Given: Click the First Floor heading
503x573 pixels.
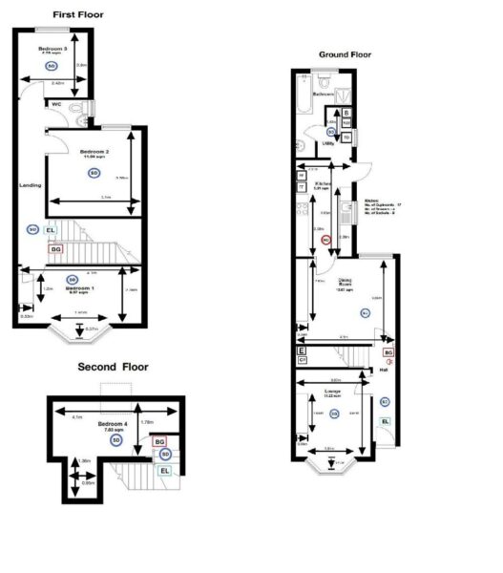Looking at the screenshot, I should click(x=78, y=15).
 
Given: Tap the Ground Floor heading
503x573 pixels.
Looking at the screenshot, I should click(x=345, y=55).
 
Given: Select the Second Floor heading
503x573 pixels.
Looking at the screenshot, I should click(x=114, y=366).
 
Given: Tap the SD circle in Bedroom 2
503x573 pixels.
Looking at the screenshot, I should click(x=94, y=173).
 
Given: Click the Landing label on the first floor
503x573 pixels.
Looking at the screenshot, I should click(x=31, y=185).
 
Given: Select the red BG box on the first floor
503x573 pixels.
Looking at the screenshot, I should click(x=56, y=248).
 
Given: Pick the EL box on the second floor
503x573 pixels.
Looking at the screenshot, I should click(x=165, y=471).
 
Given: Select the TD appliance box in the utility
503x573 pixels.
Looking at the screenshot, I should click(x=346, y=137).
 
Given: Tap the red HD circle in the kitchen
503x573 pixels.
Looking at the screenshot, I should click(x=326, y=241).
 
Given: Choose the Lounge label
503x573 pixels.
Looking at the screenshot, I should click(x=333, y=392).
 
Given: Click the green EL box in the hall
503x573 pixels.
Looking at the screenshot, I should click(x=386, y=421).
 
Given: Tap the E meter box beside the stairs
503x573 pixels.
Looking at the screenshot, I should click(x=303, y=351).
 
